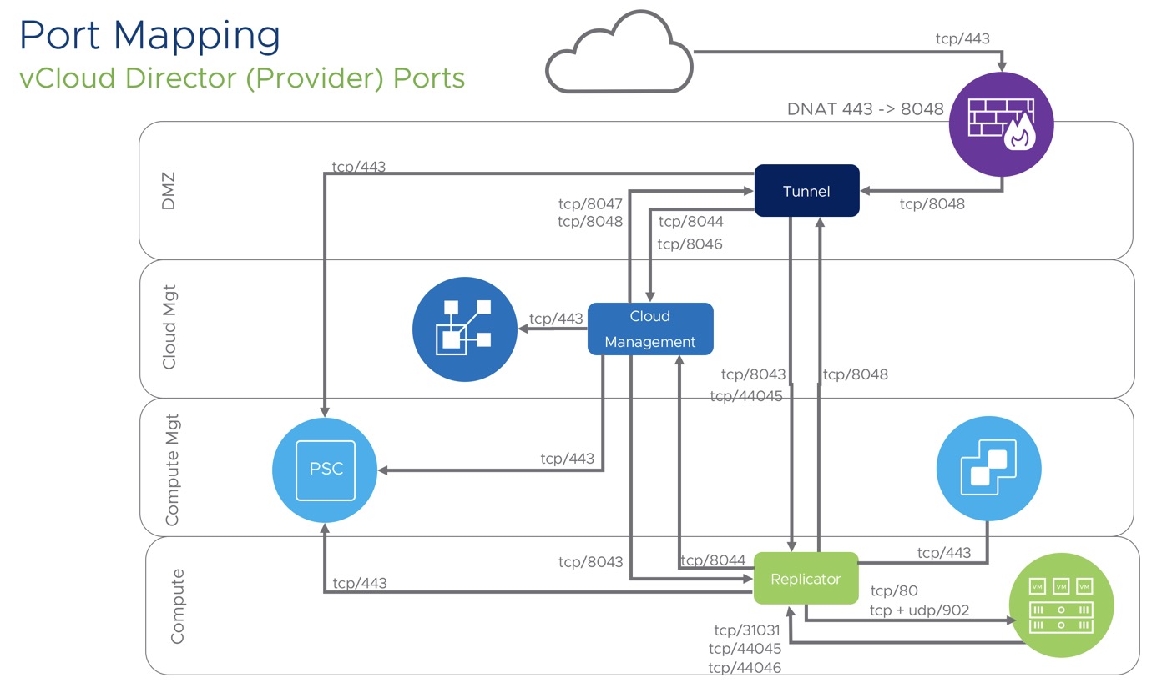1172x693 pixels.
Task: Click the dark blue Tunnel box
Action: [x=806, y=191]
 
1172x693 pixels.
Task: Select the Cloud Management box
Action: [x=650, y=329]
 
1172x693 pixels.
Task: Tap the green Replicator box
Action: [x=806, y=578]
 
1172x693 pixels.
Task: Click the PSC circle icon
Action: [x=326, y=469]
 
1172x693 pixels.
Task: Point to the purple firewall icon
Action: [x=1002, y=125]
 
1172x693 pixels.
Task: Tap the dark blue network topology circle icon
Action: [x=466, y=329]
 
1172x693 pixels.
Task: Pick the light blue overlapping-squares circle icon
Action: [x=989, y=469]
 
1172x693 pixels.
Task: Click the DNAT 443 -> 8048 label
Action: [x=866, y=109]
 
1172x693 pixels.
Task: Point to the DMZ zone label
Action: [x=169, y=191]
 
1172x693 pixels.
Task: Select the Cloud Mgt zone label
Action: [x=169, y=329]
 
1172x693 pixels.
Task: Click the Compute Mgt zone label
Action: [x=172, y=468]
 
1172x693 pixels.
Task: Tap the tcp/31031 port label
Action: [x=748, y=630]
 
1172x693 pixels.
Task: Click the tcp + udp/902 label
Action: [x=919, y=610]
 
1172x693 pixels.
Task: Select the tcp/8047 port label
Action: [x=590, y=203]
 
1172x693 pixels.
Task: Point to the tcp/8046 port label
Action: [x=690, y=244]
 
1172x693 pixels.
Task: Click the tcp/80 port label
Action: [x=894, y=591]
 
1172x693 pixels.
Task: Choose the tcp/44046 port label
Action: [x=745, y=668]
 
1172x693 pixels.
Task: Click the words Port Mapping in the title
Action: [x=150, y=36]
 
